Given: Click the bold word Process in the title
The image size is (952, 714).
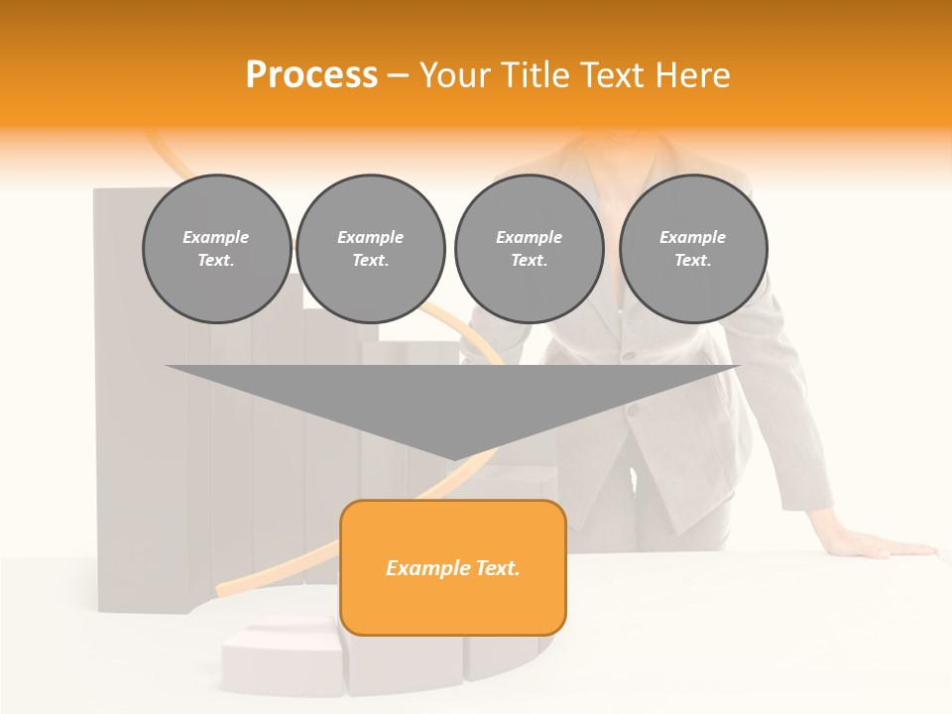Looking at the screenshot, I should point(311,75).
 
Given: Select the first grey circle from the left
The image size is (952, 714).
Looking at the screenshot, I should point(216,249).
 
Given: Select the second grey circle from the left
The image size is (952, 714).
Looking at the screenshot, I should point(370,249).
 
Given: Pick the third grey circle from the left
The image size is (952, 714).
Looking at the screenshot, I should point(529,249).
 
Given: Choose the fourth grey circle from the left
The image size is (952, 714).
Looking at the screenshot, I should point(693,249).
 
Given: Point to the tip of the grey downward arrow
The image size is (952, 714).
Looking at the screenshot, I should point(453,458).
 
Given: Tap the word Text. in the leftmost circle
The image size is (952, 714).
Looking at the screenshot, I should point(216,261).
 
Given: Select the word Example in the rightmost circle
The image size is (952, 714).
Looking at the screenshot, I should point(693,237).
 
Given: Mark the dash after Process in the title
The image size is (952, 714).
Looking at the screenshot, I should point(398,75).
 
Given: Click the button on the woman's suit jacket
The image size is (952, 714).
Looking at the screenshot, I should point(627,354).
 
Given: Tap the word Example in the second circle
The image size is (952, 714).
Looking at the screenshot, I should point(370,237).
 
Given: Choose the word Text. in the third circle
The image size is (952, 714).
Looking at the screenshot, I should point(529,261).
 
